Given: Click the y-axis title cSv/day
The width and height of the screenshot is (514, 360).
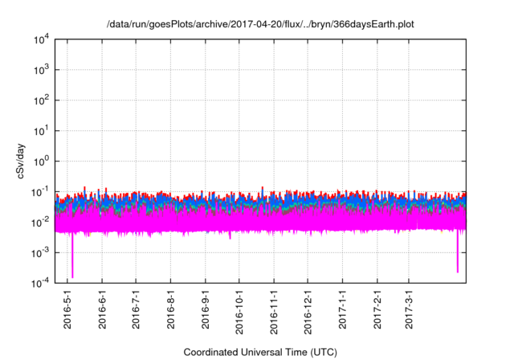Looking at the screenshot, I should [25, 162].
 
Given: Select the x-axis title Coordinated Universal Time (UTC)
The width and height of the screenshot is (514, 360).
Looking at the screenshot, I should [260, 352].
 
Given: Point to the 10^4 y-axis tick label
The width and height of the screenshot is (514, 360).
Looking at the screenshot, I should [41, 39].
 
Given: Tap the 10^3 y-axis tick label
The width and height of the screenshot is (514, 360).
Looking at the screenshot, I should [41, 70].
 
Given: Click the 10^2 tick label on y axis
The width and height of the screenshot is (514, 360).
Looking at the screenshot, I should [41, 100].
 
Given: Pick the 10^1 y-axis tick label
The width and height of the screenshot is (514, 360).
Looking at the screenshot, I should [41, 130].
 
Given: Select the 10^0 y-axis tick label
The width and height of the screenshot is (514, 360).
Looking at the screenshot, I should [41, 161].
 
